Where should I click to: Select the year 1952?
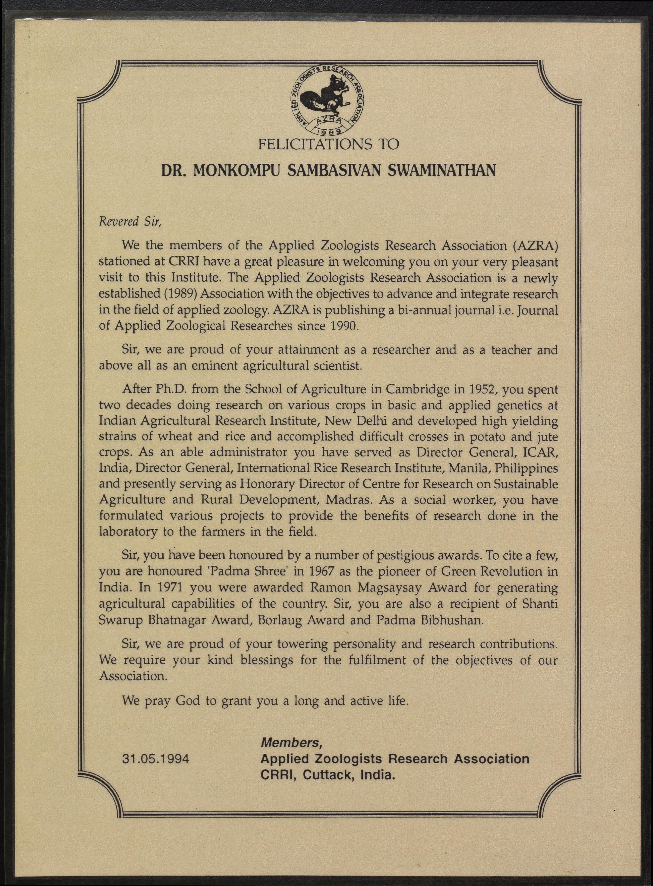476,390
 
